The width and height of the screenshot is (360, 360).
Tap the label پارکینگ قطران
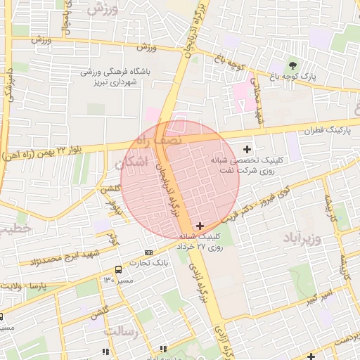coord(328,131)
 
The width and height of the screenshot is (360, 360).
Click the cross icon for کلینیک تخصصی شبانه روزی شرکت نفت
coord(247,149)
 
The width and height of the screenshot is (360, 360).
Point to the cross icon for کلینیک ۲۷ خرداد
coord(200,226)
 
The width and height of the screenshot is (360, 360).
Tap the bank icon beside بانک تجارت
coord(148,252)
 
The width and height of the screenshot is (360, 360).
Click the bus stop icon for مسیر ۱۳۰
coord(117,269)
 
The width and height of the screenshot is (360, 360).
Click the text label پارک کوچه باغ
coord(309,75)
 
